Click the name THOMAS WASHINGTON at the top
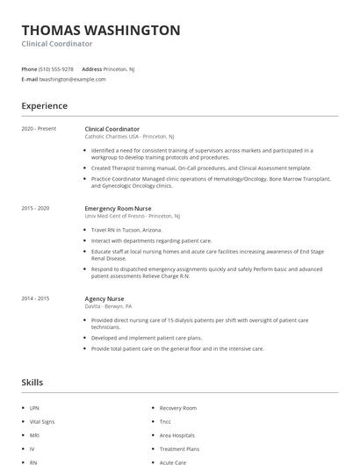tap(101, 30)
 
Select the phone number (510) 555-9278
tap(57, 68)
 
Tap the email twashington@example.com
tap(72, 79)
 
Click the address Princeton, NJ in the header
tap(119, 68)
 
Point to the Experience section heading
tap(44, 106)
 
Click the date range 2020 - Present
tap(39, 129)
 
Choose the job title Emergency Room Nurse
tap(119, 208)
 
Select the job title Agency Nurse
tap(104, 298)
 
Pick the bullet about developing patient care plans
tap(147, 338)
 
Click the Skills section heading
tap(32, 383)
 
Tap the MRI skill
tap(33, 434)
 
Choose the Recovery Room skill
tap(177, 408)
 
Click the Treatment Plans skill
tap(179, 447)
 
